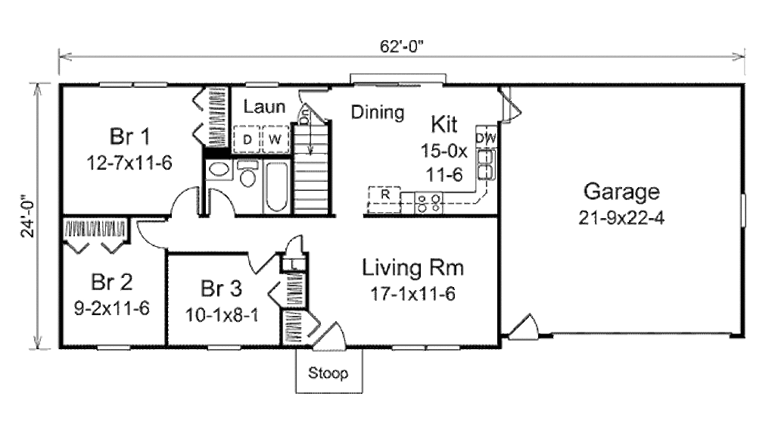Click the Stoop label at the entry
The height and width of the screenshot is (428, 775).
click(328, 373)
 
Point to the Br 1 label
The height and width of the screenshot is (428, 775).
click(129, 138)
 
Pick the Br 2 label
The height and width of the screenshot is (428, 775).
click(111, 283)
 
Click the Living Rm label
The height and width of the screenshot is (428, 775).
click(412, 268)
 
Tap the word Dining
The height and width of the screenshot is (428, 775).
click(378, 113)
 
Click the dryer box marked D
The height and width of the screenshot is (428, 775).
click(247, 139)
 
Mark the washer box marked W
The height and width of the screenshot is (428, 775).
click(275, 139)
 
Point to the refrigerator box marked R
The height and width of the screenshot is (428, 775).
click(384, 195)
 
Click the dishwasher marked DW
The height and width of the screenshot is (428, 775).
click(486, 138)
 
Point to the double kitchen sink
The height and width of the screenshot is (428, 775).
click(486, 165)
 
